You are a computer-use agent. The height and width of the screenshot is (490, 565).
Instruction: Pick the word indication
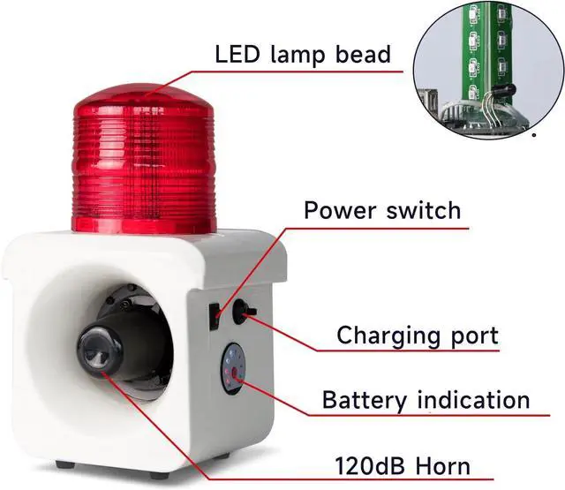(x=478, y=400)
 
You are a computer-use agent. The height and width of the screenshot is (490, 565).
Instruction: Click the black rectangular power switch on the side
(x=214, y=315)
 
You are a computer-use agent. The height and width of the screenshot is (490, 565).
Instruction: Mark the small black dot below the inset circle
(x=534, y=136)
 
